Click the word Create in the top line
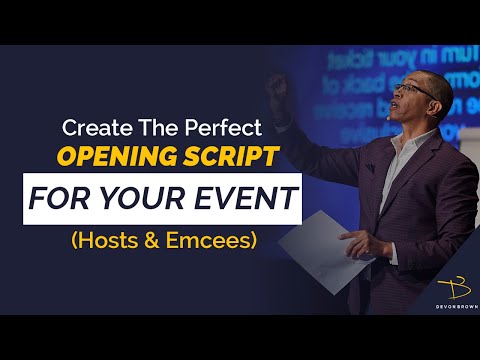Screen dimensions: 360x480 tap(92, 128)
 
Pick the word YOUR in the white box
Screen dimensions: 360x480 tap(130, 198)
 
